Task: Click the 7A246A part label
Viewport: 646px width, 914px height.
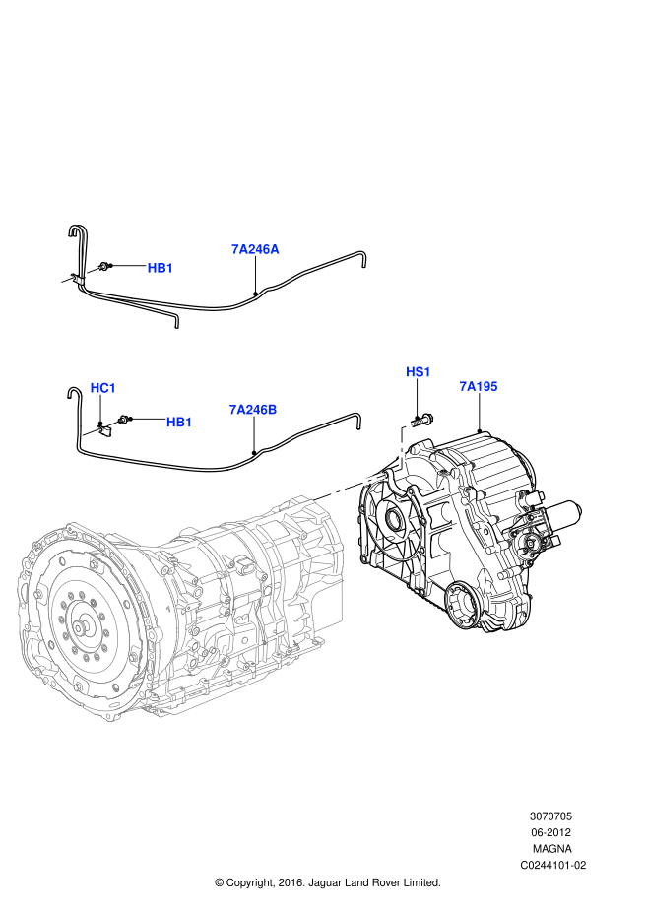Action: coord(255,249)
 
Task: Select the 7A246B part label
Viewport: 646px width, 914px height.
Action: coord(252,410)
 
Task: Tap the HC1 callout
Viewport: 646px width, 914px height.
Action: coord(103,388)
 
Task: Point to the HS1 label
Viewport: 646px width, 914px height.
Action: coord(419,372)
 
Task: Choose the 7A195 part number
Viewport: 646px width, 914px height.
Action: coord(478,387)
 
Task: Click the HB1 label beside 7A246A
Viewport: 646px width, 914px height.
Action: coord(161,268)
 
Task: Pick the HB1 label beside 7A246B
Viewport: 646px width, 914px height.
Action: coord(179,423)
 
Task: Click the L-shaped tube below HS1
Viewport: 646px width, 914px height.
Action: coord(402,448)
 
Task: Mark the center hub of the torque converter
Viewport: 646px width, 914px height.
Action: coord(80,626)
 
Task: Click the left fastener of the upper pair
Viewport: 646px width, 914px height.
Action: coord(67,280)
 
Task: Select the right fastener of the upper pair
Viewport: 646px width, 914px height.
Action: coord(93,270)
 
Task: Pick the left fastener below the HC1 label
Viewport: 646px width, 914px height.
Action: coord(91,431)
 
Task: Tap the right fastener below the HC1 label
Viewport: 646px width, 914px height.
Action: coord(113,423)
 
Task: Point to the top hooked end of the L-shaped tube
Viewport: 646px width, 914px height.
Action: coord(407,425)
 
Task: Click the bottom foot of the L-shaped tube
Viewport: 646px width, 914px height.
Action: coord(400,470)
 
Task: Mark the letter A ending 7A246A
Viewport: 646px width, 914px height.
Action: coord(274,249)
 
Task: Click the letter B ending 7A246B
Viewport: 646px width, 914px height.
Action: coord(272,410)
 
